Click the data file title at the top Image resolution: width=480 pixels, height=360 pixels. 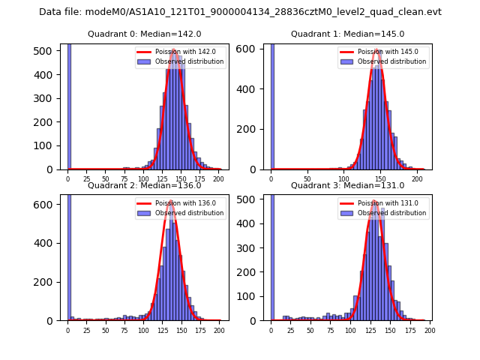click(240, 12)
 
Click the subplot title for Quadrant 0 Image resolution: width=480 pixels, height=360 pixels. click(144, 34)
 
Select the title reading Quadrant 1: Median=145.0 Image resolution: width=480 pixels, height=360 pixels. click(347, 34)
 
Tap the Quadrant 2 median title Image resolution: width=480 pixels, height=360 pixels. click(144, 185)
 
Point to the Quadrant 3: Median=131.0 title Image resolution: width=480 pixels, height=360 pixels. click(347, 185)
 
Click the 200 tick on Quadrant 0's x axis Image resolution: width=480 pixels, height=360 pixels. click(218, 179)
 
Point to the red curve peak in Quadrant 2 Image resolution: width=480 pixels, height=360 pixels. click(171, 201)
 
